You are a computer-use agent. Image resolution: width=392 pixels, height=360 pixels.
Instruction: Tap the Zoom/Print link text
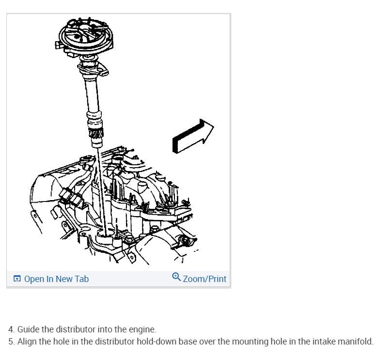tap(204, 279)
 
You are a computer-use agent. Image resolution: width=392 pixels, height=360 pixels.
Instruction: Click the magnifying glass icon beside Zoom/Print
tap(176, 277)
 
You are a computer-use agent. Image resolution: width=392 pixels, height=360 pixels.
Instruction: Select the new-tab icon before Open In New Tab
tap(17, 279)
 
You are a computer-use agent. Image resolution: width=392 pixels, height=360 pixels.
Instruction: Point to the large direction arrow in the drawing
tap(193, 136)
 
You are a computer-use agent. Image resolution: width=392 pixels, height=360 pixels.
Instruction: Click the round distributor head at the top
tap(85, 35)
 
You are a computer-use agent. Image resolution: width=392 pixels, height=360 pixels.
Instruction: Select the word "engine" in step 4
tap(142, 330)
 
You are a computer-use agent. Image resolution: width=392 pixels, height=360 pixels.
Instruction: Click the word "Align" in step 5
tap(27, 342)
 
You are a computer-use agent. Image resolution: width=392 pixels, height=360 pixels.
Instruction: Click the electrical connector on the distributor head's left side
tap(58, 45)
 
